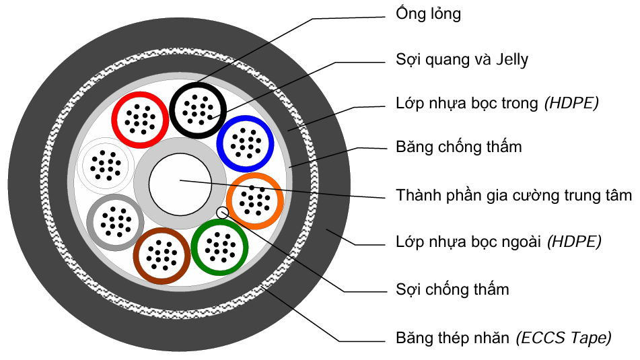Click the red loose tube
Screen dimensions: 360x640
point(139,120)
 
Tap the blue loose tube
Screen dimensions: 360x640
point(244,142)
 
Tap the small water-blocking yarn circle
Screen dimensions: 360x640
point(223,213)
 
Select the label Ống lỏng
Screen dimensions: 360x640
point(429,13)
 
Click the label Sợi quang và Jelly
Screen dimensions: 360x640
point(462,59)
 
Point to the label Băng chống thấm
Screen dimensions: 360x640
point(458,146)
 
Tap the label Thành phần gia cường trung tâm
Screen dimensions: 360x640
point(513,196)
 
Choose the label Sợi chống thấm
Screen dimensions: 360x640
point(452,289)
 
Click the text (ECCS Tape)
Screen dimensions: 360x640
point(564,338)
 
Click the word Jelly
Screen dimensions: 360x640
point(511,59)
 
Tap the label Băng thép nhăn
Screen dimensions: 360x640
point(453,338)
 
